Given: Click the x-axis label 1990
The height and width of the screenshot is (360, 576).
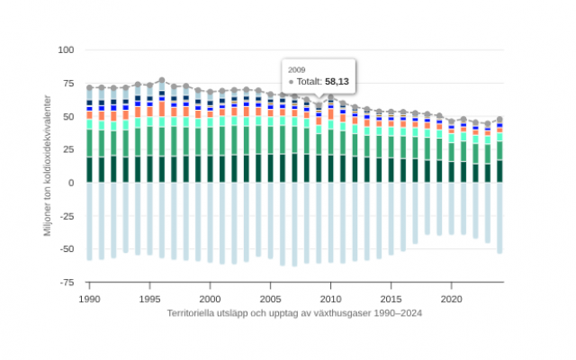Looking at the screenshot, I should (x=89, y=299).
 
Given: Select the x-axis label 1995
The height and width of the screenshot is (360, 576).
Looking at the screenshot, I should (x=149, y=299).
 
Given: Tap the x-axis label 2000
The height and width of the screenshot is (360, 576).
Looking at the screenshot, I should (x=210, y=299).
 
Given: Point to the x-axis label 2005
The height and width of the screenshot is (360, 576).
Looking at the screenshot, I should (x=270, y=299).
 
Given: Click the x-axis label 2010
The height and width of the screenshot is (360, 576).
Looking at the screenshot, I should (x=330, y=299).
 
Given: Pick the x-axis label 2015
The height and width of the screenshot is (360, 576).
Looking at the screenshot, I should (x=391, y=299).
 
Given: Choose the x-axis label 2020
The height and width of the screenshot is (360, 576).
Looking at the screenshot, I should (x=451, y=299).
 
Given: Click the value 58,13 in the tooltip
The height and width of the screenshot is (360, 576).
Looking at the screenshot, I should (x=337, y=81).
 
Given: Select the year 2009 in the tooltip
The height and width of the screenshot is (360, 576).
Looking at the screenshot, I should (x=297, y=68).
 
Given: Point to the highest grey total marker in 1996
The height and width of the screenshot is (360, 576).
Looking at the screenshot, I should (x=162, y=80).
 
